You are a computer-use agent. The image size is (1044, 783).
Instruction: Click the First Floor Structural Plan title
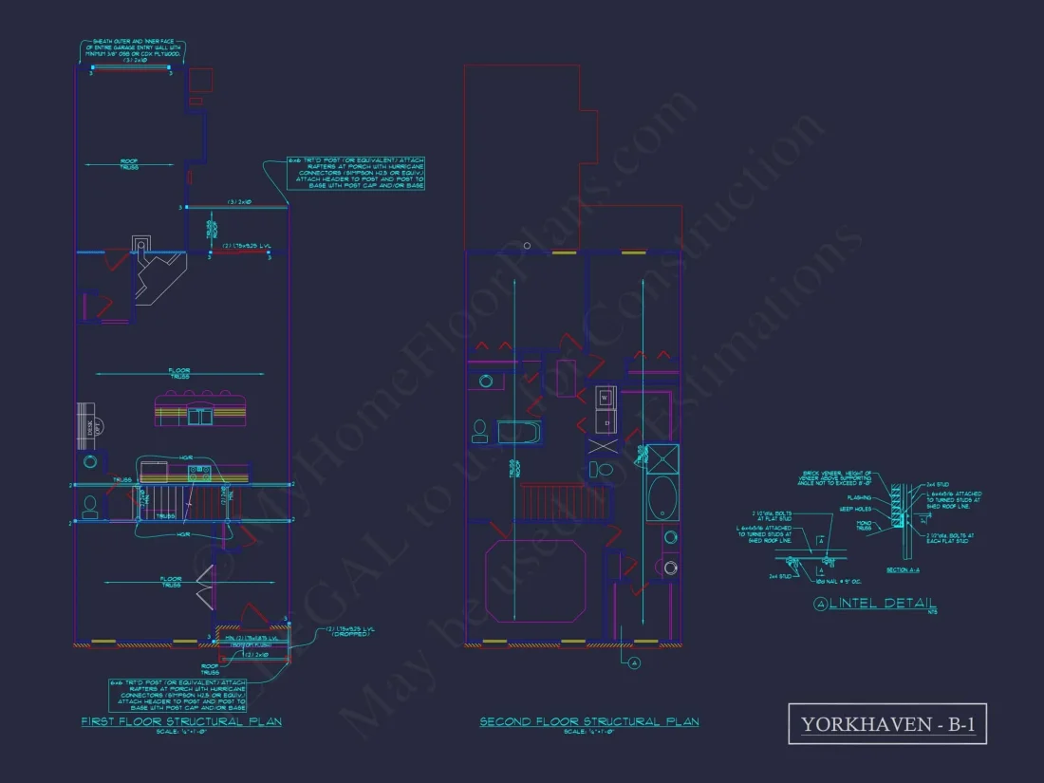click(180, 721)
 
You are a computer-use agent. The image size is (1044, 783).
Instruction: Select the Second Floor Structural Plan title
click(588, 721)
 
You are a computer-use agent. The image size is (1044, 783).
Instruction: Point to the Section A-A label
click(903, 569)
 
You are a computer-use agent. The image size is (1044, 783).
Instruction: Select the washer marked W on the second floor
click(604, 398)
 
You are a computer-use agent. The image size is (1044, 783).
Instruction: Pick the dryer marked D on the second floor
click(604, 421)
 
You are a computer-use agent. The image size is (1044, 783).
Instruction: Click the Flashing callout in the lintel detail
click(858, 495)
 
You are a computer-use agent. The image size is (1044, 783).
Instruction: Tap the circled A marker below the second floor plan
click(633, 663)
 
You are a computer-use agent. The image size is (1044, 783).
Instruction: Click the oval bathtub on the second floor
click(662, 496)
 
